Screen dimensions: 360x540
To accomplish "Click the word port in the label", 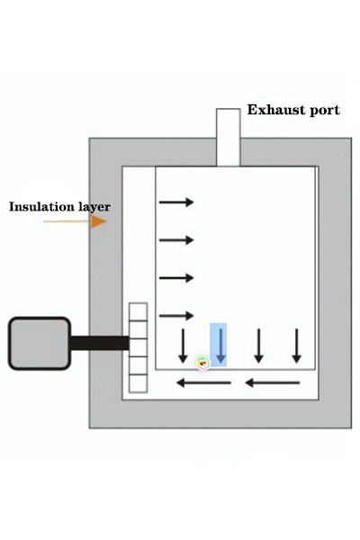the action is pos(325,111).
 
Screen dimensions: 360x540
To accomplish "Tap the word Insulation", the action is pos(42,207).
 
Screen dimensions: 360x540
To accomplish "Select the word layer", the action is pos(94,207).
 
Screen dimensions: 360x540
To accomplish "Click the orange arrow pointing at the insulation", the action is pos(75,221).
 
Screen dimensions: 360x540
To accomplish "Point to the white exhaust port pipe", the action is pos(228,138).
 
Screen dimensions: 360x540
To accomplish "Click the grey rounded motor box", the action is pos(40,344).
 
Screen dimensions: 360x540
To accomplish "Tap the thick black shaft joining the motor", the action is pos(100,344).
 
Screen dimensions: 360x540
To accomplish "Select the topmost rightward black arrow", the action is pos(176,202).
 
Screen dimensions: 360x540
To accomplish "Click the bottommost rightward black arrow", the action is pos(176,316).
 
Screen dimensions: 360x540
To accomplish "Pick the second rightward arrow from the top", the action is pos(176,240).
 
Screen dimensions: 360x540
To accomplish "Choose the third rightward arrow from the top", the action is pos(176,277).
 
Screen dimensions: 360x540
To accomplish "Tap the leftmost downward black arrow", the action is pos(184,346).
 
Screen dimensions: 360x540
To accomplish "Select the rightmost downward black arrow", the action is pos(297,346).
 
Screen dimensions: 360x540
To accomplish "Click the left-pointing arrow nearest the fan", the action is pos(203,382).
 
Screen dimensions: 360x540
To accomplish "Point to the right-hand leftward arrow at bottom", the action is pos(272,382).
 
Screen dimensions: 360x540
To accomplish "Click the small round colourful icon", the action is pos(202,363).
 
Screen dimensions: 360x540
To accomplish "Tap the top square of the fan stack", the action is pos(138,312).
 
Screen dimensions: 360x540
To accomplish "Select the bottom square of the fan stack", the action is pos(138,383).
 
